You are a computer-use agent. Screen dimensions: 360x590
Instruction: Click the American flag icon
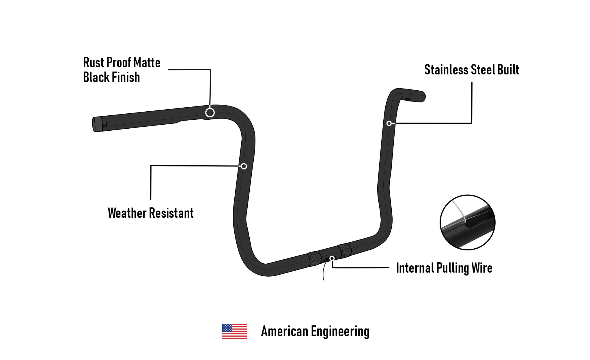(x=234, y=331)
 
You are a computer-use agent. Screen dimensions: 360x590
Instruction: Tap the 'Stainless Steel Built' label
(x=472, y=70)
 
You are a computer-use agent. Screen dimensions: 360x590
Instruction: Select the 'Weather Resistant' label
(x=150, y=213)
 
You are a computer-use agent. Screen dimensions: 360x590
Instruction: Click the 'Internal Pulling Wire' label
(x=444, y=268)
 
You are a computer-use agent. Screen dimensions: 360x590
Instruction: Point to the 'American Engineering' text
(x=315, y=331)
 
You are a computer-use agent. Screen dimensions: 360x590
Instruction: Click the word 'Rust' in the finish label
(x=94, y=63)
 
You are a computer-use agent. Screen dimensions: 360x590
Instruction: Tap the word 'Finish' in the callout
(x=126, y=77)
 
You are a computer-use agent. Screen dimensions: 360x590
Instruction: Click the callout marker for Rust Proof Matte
(x=210, y=112)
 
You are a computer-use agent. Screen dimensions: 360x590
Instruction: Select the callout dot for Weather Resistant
(x=244, y=166)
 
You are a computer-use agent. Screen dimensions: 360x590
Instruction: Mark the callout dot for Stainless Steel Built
(x=389, y=123)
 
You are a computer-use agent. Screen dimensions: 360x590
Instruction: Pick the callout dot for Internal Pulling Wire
(x=332, y=258)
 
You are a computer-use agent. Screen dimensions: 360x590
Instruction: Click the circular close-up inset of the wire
(x=467, y=222)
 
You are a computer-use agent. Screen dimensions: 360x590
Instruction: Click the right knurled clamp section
(x=344, y=251)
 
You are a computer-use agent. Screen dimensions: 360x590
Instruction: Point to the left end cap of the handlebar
(x=95, y=125)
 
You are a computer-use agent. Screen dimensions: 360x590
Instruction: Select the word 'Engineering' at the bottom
(x=340, y=331)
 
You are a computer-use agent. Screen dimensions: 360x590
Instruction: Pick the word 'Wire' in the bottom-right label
(x=482, y=268)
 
